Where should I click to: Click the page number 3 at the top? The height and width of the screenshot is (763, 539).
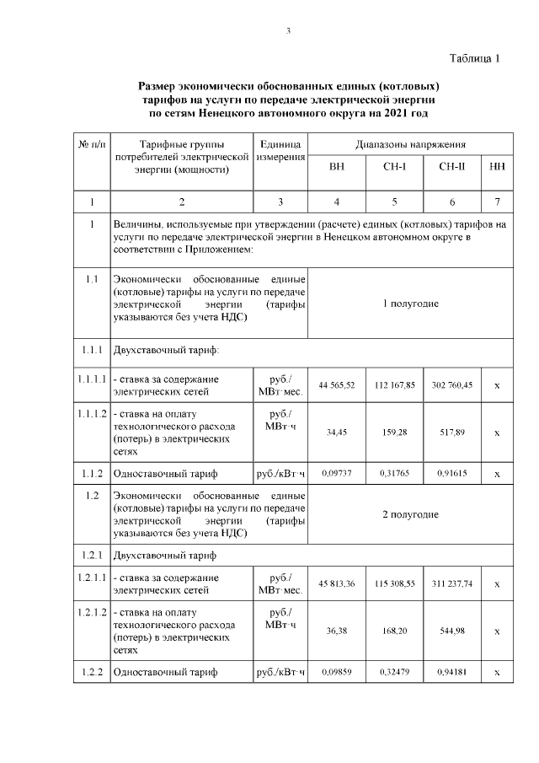288,32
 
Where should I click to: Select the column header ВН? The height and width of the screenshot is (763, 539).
337,167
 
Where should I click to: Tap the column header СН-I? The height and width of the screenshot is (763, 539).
394,167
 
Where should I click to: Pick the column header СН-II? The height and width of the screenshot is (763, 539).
452,167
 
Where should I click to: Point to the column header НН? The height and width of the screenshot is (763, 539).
497,167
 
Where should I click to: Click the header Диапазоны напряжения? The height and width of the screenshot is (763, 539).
411,144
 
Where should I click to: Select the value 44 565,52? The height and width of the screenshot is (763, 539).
337,385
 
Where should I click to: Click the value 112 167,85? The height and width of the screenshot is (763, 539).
394,385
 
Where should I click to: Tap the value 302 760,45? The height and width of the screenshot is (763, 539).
452,385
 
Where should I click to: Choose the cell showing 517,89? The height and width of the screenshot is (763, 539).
452,432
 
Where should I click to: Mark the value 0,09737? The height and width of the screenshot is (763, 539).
337,474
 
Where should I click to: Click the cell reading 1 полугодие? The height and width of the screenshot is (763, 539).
411,304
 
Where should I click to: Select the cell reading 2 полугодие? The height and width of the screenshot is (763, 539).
411,514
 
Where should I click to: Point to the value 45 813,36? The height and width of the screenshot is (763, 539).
337,584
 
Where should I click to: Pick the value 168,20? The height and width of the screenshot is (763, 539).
394,631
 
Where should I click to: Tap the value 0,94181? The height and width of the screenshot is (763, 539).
452,673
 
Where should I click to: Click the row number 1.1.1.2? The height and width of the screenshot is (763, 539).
92,414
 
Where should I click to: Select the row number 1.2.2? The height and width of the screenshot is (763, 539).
92,673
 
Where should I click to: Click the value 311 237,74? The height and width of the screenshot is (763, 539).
452,584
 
